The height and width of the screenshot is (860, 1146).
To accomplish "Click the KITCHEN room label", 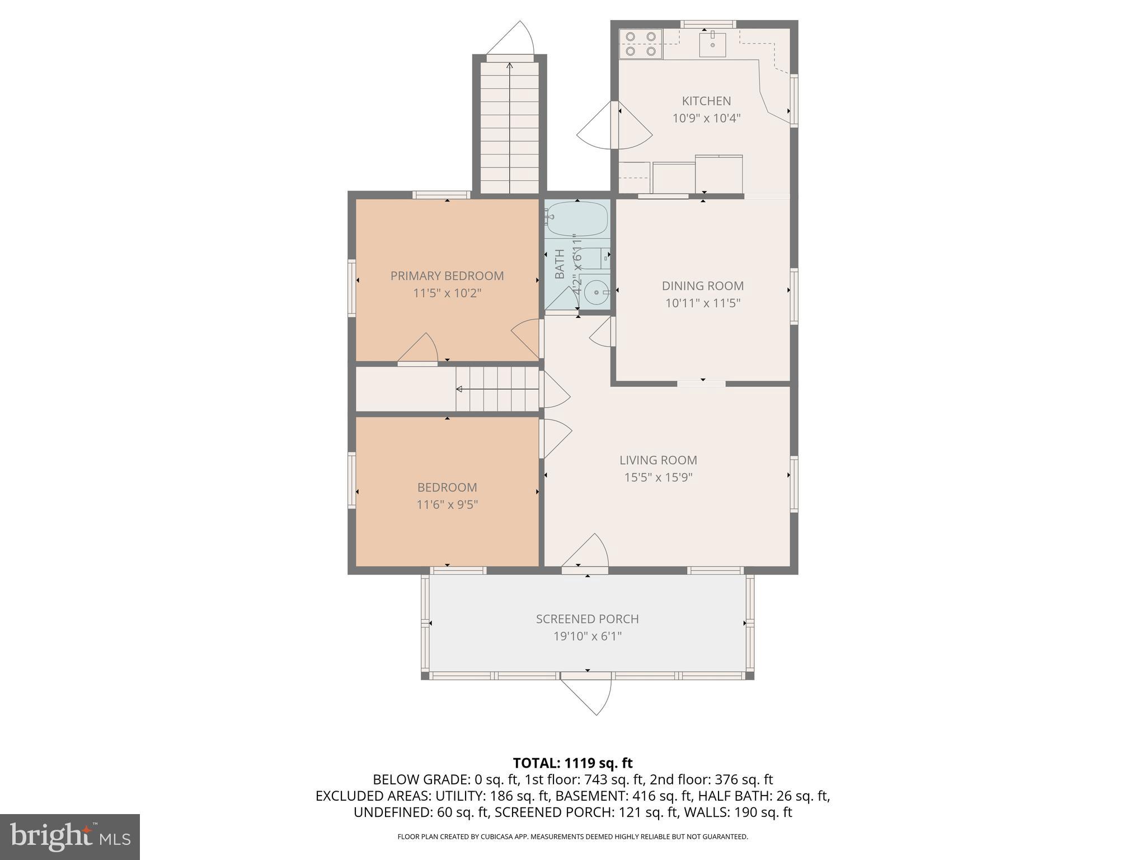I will click(x=706, y=101).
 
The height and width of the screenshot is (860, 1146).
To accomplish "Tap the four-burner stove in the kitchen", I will click(x=641, y=44).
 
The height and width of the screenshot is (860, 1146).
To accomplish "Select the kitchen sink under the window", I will click(x=712, y=45).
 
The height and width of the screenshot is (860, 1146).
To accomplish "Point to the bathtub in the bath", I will click(x=577, y=219).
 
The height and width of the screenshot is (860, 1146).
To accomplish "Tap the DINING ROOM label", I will click(x=703, y=286).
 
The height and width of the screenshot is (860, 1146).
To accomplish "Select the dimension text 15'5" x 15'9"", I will click(x=658, y=478).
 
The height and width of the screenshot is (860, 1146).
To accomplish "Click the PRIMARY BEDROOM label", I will click(x=447, y=276).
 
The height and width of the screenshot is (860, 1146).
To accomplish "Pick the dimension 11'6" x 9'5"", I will click(x=447, y=504).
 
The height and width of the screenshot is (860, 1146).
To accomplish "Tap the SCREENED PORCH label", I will click(x=587, y=619).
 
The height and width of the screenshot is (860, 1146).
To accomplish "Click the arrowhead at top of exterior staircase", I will click(x=509, y=66).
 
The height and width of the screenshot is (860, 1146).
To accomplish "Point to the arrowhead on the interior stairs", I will click(x=459, y=389).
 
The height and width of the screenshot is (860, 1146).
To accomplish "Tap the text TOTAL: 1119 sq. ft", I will click(x=572, y=763).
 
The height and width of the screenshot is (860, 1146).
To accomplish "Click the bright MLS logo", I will click(x=69, y=836).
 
